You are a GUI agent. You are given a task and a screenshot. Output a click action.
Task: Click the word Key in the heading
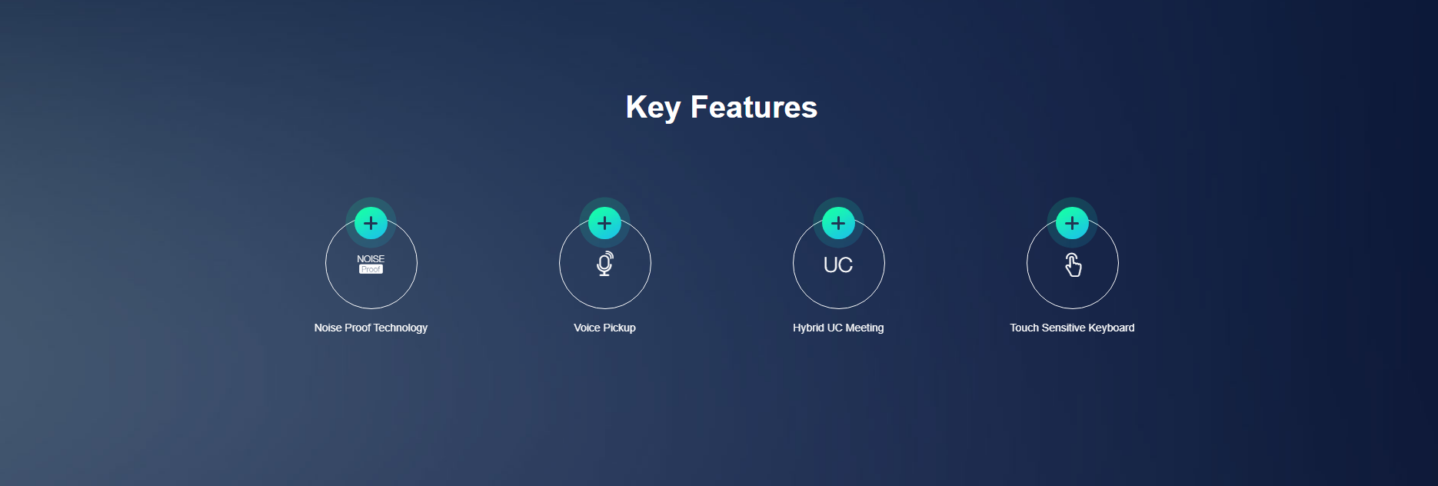click(x=653, y=108)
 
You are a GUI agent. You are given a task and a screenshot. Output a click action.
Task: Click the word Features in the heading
click(x=754, y=107)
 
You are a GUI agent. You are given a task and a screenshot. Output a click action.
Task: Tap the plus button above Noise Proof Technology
click(x=371, y=223)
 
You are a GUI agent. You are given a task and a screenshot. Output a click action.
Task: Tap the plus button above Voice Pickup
click(x=604, y=223)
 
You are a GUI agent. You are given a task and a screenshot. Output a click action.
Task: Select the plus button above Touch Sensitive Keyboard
click(x=1072, y=223)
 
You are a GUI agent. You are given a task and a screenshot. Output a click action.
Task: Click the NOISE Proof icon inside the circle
click(x=371, y=264)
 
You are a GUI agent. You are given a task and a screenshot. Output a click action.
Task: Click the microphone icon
click(x=605, y=263)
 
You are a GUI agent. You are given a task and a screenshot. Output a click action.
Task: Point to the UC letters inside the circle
click(x=838, y=265)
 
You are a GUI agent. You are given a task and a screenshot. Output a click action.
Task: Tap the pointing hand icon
click(x=1073, y=265)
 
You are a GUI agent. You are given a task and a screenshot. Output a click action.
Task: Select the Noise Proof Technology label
click(x=371, y=328)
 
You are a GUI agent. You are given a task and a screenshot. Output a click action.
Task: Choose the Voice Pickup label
click(x=604, y=328)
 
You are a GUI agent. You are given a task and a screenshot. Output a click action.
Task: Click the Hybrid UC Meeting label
click(x=838, y=328)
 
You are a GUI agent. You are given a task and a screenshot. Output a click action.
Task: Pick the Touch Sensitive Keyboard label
click(x=1072, y=328)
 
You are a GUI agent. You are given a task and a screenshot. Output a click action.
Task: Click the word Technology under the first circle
click(x=401, y=328)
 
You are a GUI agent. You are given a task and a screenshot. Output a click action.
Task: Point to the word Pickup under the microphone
click(x=620, y=328)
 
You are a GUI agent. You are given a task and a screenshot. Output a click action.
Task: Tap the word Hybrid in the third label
click(x=808, y=328)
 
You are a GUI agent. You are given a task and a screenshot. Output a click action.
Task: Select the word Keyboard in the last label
click(x=1111, y=328)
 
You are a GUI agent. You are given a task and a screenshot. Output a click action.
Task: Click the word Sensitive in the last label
click(x=1064, y=328)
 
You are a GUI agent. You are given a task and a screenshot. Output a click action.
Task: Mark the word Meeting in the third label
click(x=865, y=328)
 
